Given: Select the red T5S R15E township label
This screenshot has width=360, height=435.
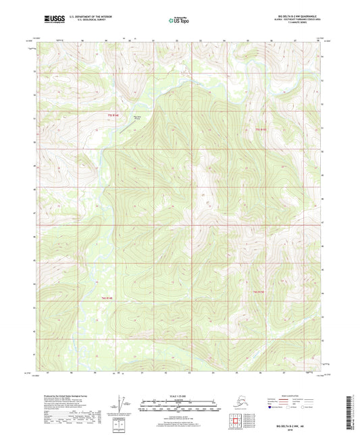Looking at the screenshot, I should [261, 128].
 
